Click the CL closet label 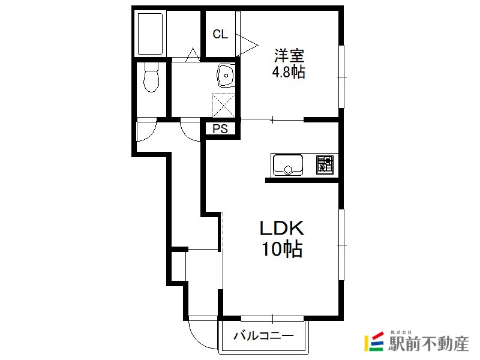point(220,34)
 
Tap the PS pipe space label point(220,128)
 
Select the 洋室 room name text point(289,56)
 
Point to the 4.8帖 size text point(289,72)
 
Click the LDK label point(282,228)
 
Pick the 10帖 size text point(282,248)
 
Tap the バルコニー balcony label point(264,336)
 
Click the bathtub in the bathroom point(150,34)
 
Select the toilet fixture point(151,77)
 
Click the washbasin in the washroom point(226,76)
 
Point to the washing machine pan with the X point(223,105)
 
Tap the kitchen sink point(288,164)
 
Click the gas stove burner point(325,164)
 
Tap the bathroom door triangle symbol point(193,55)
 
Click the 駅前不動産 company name point(428,344)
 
